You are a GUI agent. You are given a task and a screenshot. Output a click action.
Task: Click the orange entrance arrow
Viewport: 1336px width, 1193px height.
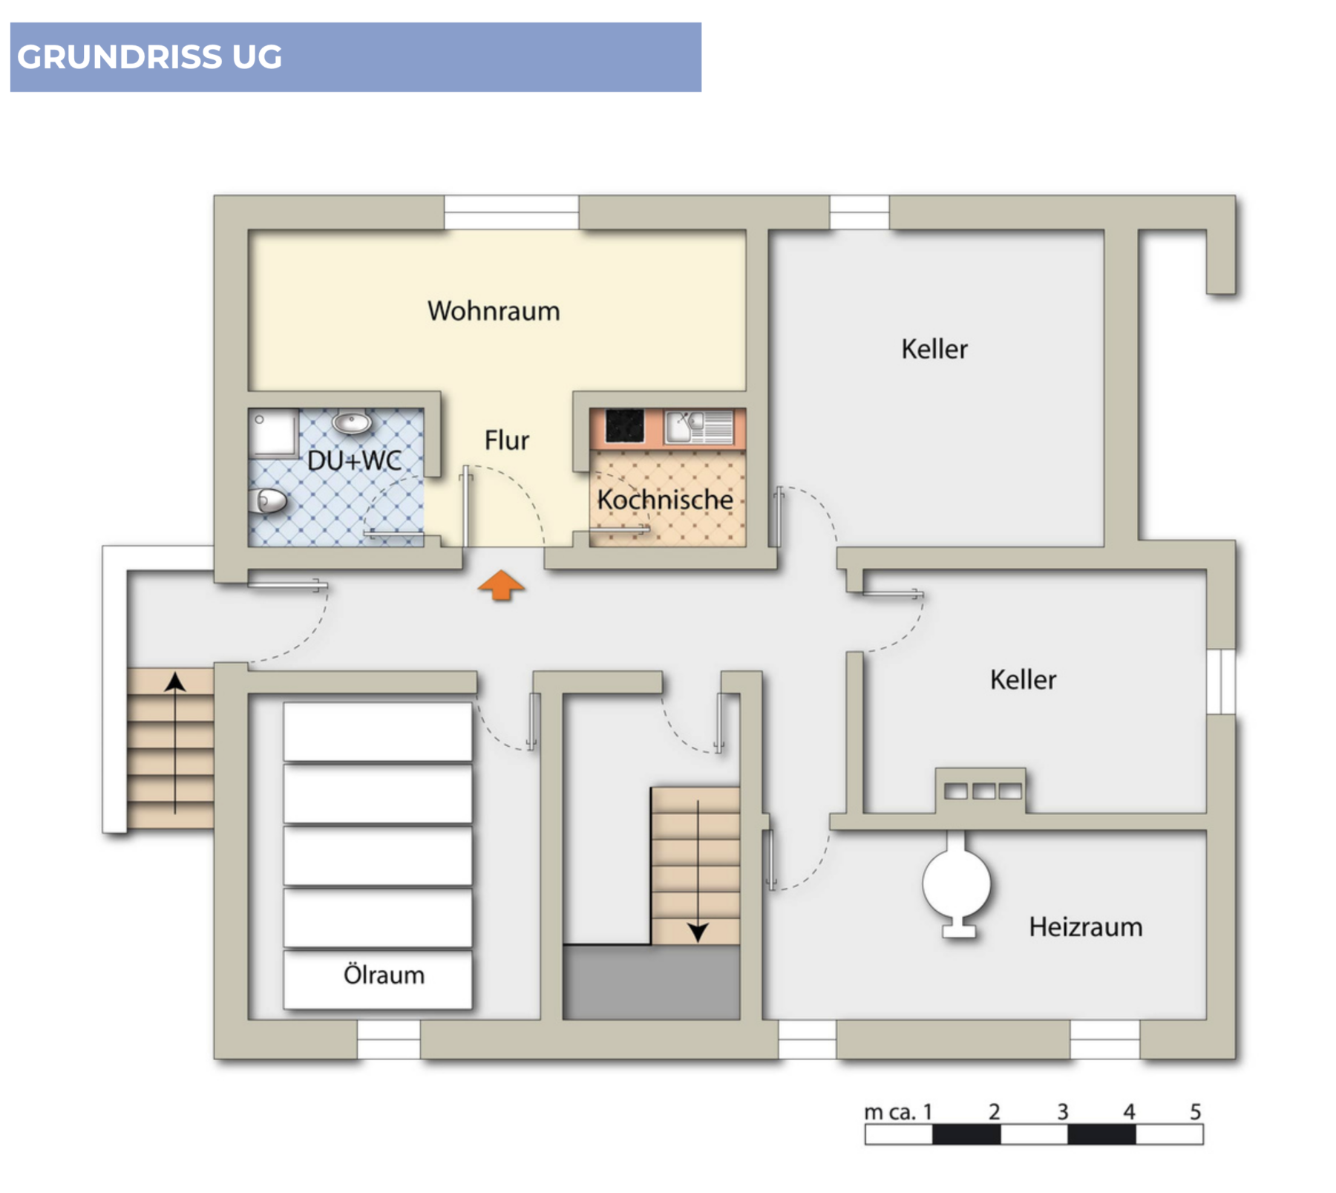click(501, 585)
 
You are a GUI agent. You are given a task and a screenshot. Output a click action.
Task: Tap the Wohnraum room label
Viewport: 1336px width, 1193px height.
click(494, 311)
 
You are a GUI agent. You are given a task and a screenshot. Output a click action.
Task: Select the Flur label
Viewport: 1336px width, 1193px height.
click(507, 440)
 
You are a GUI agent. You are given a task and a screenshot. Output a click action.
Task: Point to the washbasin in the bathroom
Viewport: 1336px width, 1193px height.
click(352, 422)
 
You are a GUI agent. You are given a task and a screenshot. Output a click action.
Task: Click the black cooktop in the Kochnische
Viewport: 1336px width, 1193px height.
click(624, 426)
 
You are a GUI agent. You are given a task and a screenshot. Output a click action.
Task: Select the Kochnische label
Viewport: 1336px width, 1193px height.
click(665, 500)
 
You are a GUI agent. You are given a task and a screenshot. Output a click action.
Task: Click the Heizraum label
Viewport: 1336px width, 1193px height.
click(1085, 927)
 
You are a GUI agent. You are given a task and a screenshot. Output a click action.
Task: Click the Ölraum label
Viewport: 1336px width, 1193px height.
click(384, 975)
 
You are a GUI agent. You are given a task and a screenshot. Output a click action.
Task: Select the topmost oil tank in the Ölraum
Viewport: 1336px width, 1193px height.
click(378, 732)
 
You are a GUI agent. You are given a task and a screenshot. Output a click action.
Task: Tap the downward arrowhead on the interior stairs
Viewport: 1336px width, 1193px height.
click(698, 932)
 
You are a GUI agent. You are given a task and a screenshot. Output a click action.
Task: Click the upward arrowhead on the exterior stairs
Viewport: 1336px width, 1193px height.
click(175, 682)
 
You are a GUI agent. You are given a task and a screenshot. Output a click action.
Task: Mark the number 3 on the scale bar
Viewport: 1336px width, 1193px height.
click(1062, 1112)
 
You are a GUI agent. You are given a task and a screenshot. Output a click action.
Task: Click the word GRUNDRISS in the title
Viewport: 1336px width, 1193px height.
click(119, 57)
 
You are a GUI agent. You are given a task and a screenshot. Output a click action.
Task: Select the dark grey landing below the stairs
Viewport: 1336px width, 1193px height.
click(651, 982)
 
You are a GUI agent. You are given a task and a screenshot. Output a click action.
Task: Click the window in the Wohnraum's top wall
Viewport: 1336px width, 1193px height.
click(511, 212)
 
